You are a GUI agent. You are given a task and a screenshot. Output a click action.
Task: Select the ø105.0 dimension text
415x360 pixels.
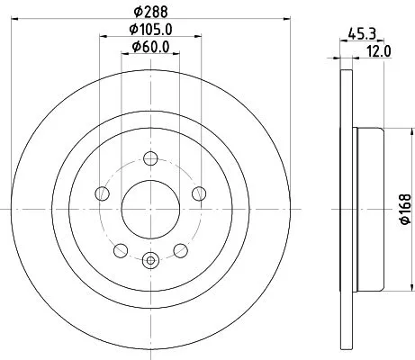[151, 32]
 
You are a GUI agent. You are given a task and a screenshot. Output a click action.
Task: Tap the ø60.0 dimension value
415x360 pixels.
[151, 49]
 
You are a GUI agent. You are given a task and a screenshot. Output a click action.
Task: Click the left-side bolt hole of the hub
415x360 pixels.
[103, 194]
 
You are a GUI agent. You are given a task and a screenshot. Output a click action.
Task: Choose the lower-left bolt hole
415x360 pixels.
[121, 249]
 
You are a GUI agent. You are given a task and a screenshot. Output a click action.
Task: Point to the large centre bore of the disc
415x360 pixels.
[149, 209]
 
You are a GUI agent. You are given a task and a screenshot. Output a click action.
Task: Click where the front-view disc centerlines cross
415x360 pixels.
[149, 209]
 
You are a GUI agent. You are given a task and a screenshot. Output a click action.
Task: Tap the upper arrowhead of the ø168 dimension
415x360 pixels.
[388, 131]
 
